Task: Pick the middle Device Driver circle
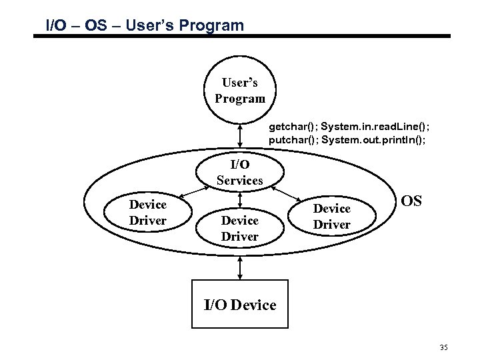click(x=239, y=227)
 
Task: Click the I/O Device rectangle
click(x=239, y=305)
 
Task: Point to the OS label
click(x=413, y=201)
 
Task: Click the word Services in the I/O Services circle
click(x=239, y=180)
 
